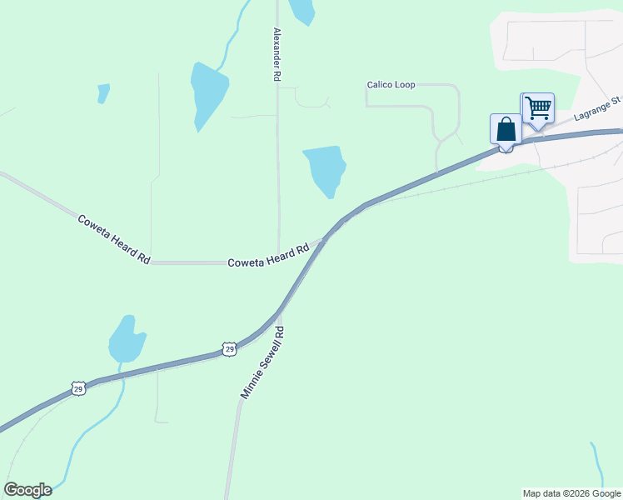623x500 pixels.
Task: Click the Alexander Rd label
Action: (x=277, y=54)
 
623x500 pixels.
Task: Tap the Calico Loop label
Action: (x=391, y=85)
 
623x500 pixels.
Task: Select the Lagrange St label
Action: (x=598, y=108)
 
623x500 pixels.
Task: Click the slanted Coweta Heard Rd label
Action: (x=113, y=239)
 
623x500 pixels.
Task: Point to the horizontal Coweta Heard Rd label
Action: (x=268, y=255)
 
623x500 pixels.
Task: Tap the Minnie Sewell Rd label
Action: (x=263, y=362)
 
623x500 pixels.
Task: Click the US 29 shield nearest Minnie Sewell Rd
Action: (x=229, y=349)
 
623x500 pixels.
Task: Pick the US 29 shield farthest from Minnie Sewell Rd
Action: (x=78, y=389)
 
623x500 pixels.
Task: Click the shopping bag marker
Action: (x=506, y=131)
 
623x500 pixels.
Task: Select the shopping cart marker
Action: (x=538, y=108)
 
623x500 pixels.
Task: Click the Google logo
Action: (x=27, y=490)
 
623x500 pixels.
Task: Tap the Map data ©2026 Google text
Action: (x=571, y=493)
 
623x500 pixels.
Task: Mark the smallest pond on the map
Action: (x=103, y=92)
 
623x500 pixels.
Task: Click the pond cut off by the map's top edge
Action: (x=302, y=10)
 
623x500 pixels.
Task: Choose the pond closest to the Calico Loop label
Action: (x=325, y=169)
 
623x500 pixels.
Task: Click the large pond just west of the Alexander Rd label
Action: (x=208, y=92)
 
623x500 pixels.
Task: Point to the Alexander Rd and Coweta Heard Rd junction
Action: (x=278, y=262)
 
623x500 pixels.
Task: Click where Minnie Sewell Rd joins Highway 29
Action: (x=279, y=313)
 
